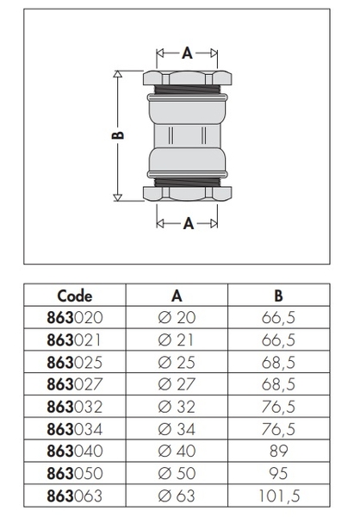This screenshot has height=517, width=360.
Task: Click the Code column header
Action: click(75, 296)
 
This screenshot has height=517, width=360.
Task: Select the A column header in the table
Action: click(177, 296)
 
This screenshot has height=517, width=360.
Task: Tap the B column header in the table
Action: click(278, 296)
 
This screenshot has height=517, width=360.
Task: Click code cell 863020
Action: click(75, 317)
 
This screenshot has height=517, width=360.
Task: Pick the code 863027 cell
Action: click(75, 384)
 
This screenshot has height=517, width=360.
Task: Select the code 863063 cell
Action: click(75, 496)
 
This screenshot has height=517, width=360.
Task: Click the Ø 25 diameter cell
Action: click(177, 362)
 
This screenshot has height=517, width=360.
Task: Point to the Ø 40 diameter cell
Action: click(177, 451)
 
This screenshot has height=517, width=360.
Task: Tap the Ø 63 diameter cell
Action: click(177, 496)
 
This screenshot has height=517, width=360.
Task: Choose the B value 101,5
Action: click(278, 496)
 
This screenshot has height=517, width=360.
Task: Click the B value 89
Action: click(278, 451)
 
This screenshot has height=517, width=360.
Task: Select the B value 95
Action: click(278, 473)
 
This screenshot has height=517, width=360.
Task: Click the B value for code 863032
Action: click(278, 407)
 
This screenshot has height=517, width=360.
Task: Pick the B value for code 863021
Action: click(278, 340)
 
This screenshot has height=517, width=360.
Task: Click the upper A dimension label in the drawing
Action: click(187, 53)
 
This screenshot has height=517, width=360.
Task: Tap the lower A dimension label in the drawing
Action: click(188, 223)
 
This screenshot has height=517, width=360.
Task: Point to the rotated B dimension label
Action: click(118, 135)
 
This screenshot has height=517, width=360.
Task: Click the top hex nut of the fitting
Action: click(187, 78)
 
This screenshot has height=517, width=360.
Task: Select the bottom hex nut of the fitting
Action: click(187, 194)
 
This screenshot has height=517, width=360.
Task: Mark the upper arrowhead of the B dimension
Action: click(118, 73)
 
